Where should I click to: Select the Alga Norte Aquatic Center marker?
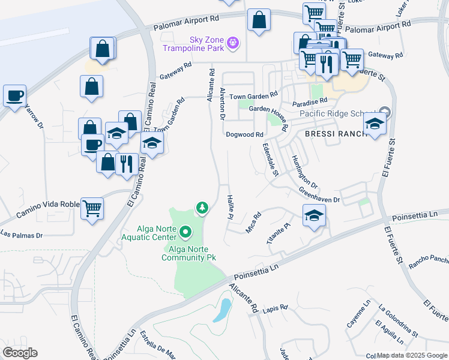point(185,231)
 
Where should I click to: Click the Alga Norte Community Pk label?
point(188,253)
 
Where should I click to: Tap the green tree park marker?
point(202,208)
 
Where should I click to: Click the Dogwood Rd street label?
point(245,134)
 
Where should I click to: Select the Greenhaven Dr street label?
point(320,195)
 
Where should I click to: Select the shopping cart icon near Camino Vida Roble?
point(92,209)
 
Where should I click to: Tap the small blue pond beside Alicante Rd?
point(222,310)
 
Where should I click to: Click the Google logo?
point(20,353)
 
